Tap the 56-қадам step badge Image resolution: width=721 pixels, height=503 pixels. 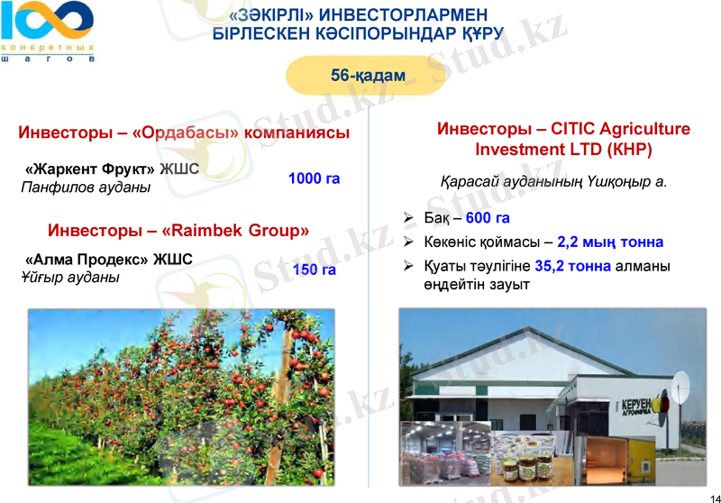[x=368, y=75]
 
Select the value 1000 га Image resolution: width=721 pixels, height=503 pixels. [x=314, y=178]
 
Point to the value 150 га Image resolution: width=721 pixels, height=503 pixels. [x=315, y=270]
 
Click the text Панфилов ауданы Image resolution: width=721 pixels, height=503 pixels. [x=86, y=187]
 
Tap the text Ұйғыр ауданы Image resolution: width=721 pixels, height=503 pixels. [x=69, y=278]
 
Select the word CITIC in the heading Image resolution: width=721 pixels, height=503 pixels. [x=572, y=129]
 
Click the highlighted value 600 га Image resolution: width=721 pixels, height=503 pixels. [x=488, y=218]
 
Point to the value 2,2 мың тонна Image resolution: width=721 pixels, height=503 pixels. [x=610, y=242]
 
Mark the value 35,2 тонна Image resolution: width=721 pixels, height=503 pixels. [x=572, y=266]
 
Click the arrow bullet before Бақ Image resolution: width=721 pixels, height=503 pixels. [x=408, y=218]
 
